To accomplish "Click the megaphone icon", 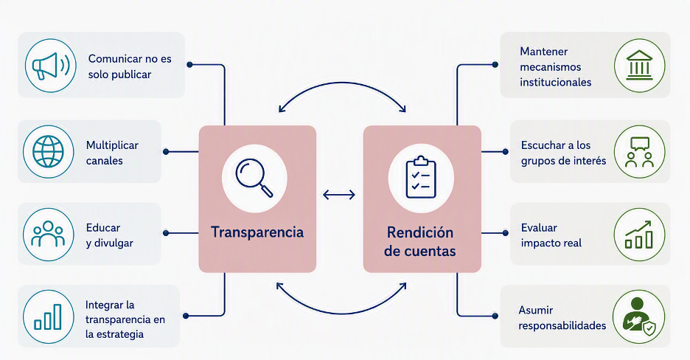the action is click(x=51, y=66).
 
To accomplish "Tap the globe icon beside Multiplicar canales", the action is click(x=48, y=151).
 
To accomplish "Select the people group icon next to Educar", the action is click(x=48, y=234).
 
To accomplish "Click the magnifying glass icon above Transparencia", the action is click(x=254, y=178).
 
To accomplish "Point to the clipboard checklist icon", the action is click(x=421, y=177).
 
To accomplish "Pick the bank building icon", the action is click(x=639, y=65).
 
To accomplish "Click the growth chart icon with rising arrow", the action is click(x=639, y=235).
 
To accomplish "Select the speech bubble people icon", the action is click(x=639, y=152).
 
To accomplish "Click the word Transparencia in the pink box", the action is click(x=257, y=232).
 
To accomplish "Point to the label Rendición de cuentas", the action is click(x=419, y=242).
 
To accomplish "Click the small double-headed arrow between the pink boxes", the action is click(x=339, y=195).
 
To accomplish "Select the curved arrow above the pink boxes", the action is click(x=342, y=83).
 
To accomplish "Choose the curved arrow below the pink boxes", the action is click(x=342, y=314).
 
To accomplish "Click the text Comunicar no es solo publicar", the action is click(x=130, y=66).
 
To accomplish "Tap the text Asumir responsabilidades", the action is click(x=562, y=318).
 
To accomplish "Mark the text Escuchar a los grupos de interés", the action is click(x=563, y=153).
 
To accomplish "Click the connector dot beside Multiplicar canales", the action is click(x=166, y=152).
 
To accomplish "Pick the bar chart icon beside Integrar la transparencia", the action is click(x=48, y=316).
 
